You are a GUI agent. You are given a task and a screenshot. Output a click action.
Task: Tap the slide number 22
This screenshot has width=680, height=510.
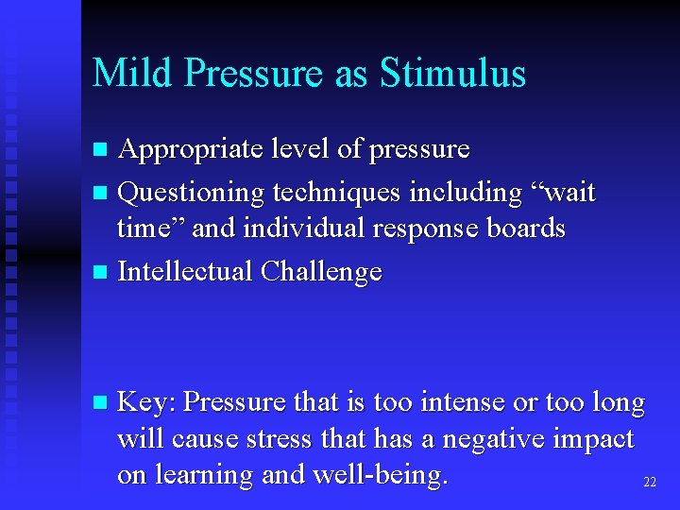(649, 482)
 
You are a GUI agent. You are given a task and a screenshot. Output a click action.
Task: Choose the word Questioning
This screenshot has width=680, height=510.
(191, 193)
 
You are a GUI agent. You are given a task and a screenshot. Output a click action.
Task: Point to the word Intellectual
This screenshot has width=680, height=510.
(184, 272)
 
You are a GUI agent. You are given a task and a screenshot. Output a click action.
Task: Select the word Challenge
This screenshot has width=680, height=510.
(321, 272)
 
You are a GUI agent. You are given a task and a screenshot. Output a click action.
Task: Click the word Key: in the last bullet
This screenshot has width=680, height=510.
(145, 402)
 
